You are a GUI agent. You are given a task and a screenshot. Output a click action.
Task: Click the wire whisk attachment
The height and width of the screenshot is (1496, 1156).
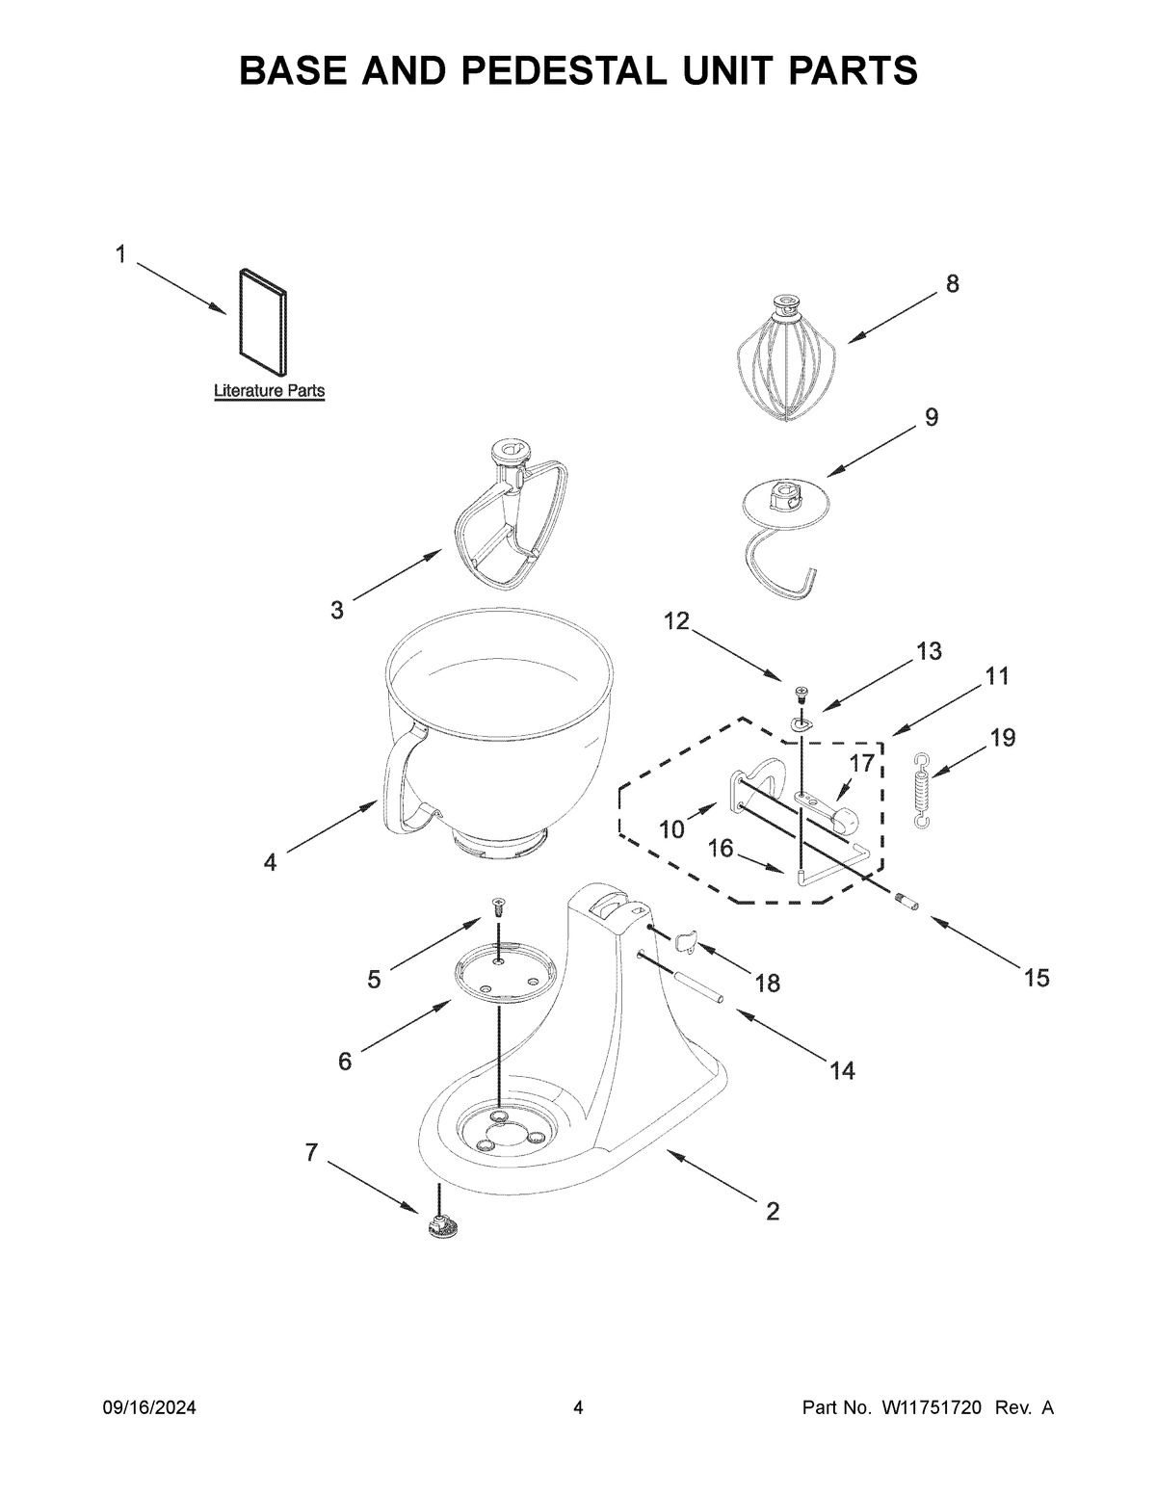[786, 361]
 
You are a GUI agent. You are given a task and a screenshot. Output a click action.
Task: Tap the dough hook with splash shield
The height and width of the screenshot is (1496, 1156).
[785, 539]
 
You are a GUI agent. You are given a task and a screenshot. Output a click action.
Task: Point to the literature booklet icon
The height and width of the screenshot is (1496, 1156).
[260, 323]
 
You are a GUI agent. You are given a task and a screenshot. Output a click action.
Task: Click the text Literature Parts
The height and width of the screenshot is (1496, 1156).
[269, 391]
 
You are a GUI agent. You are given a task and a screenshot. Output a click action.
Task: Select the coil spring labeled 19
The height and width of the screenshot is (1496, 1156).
[923, 789]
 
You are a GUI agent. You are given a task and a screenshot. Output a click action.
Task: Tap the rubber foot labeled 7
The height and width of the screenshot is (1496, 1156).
[441, 1226]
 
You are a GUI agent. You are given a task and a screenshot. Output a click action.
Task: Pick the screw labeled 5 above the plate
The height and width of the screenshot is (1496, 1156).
[499, 905]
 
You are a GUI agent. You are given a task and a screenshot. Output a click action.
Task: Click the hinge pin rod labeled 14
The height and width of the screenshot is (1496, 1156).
[697, 991]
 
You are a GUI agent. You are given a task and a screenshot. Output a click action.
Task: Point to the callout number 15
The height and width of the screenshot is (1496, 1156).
[1036, 979]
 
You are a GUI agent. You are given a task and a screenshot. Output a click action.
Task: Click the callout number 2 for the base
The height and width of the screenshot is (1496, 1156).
[772, 1211]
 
